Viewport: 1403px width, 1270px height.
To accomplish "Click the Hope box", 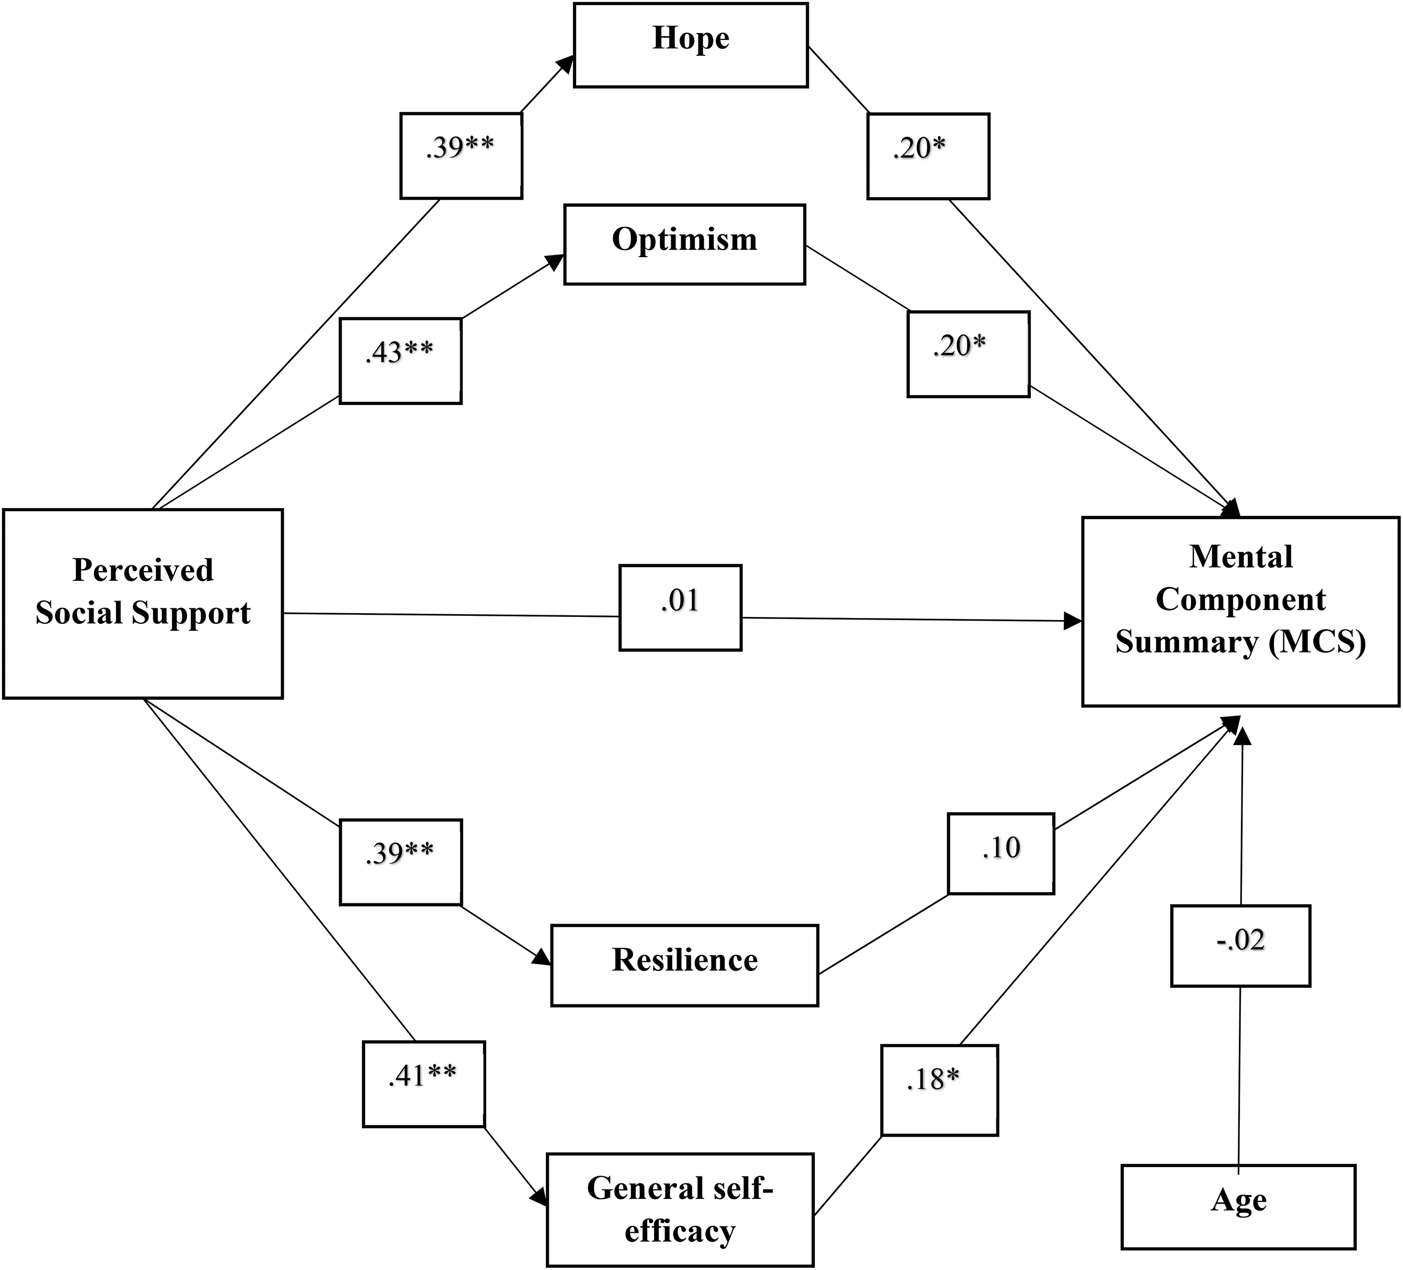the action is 690,45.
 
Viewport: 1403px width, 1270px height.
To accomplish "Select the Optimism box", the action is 684,244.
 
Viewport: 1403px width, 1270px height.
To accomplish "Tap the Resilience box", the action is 684,965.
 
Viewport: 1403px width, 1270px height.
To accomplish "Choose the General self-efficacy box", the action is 680,1209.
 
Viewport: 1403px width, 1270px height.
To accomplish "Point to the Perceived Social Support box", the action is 142,603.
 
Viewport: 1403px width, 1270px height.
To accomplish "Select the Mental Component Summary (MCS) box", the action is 1240,612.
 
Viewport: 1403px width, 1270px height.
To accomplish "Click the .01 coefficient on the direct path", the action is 680,600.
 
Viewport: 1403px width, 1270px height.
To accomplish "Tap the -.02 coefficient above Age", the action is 1240,940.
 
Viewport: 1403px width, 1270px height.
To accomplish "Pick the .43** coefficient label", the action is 400,352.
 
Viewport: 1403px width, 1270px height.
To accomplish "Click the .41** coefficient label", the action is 422,1076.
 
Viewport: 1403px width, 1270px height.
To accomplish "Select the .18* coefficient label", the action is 933,1079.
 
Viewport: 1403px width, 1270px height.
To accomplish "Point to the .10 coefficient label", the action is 1001,848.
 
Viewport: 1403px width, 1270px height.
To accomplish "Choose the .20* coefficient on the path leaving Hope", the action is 919,148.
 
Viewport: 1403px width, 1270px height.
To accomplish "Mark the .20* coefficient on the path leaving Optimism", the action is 960,346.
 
